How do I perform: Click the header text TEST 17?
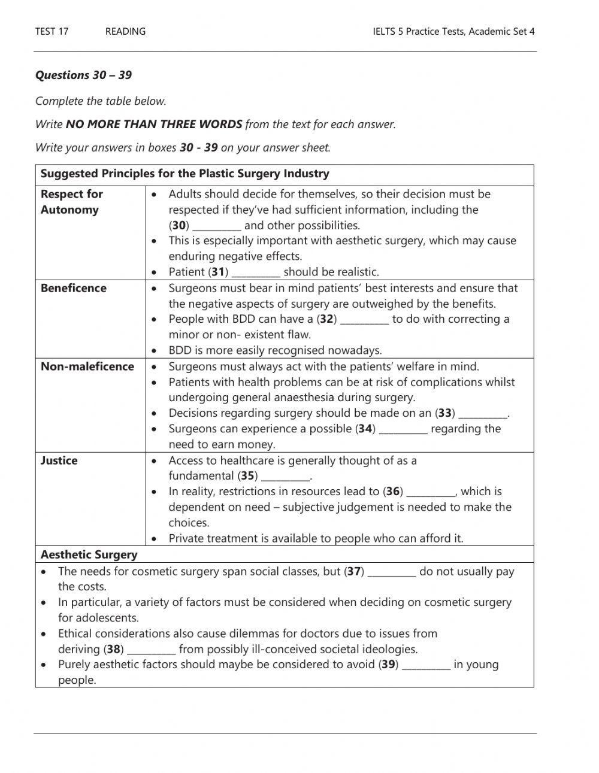(52, 32)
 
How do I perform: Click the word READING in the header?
(125, 32)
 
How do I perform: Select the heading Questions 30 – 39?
(83, 75)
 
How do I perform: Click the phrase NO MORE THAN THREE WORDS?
(154, 125)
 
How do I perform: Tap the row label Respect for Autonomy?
(71, 202)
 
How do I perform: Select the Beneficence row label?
(73, 288)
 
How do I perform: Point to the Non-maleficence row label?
(87, 366)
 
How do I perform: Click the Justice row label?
(59, 460)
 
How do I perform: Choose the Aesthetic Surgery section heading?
(89, 554)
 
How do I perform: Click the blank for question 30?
(217, 227)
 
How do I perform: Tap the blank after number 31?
(256, 273)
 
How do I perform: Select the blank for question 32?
(364, 320)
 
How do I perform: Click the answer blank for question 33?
(483, 414)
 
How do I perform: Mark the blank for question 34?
(403, 430)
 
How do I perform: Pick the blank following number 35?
(286, 477)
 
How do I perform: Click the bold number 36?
(393, 492)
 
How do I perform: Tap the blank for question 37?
(392, 573)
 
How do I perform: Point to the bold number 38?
(114, 649)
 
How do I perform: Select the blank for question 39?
(426, 666)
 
